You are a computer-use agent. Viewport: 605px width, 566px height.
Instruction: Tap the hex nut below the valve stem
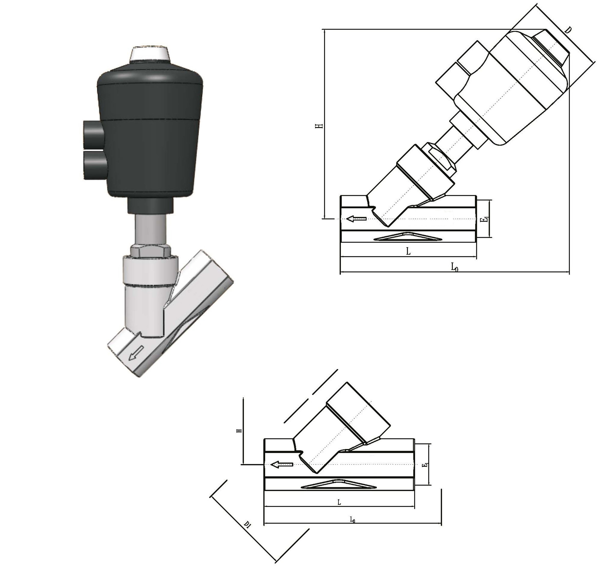pos(151,252)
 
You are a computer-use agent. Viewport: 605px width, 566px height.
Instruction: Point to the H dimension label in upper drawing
pos(319,126)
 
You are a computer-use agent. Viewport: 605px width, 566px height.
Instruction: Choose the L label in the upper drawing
pos(408,251)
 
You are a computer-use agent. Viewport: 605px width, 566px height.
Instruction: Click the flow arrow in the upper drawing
pos(356,219)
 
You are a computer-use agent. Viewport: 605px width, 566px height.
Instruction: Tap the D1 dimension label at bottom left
pos(247,525)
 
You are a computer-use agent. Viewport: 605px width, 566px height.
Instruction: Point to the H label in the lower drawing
pos(239,430)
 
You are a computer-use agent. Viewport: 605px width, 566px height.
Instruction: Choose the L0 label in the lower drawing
pos(353,520)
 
